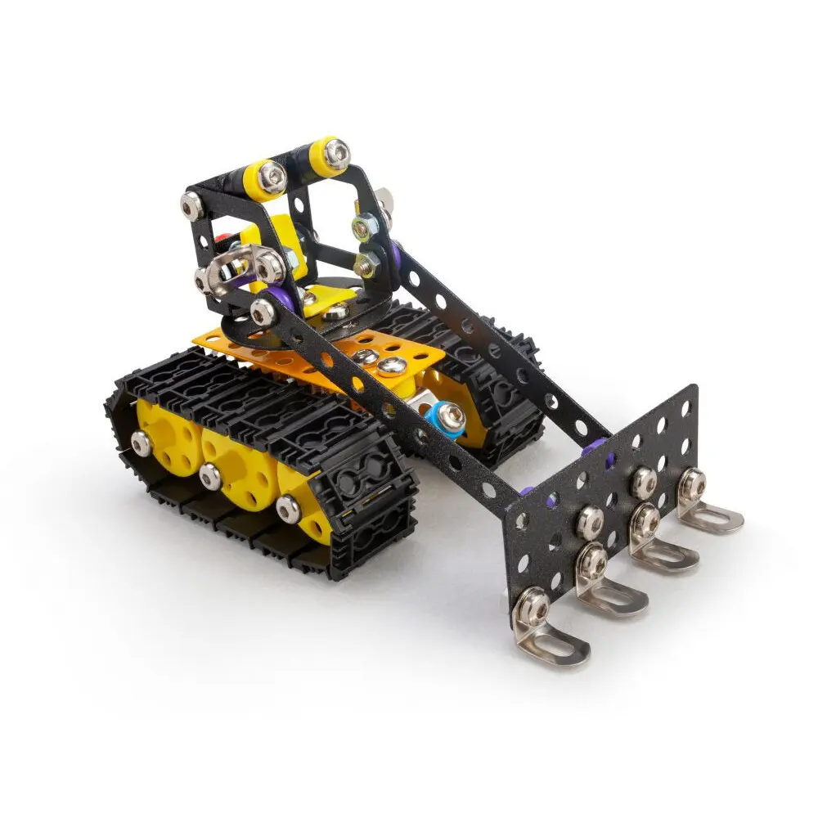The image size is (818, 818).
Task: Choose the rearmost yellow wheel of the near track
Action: [x=164, y=429]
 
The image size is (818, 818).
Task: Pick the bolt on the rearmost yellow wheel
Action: [x=141, y=443]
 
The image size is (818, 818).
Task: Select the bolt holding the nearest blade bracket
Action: [x=533, y=606]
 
